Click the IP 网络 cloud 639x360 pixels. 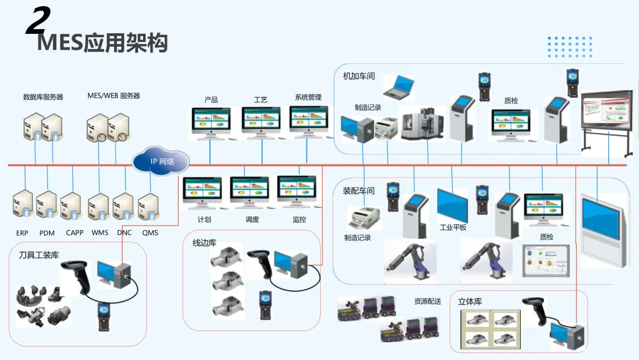[x=161, y=160]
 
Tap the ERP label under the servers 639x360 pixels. [x=22, y=233]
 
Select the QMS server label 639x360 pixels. [x=150, y=233]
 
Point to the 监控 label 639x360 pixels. [x=299, y=220]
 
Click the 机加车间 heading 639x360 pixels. [x=359, y=76]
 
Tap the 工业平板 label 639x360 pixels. [x=453, y=227]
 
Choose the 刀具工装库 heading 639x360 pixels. [x=38, y=255]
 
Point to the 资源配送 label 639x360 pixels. [x=427, y=301]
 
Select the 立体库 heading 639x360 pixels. [x=470, y=301]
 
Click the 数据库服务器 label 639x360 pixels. [x=43, y=97]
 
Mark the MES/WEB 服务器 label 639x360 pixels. [x=114, y=96]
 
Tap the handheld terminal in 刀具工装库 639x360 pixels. [x=104, y=316]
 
